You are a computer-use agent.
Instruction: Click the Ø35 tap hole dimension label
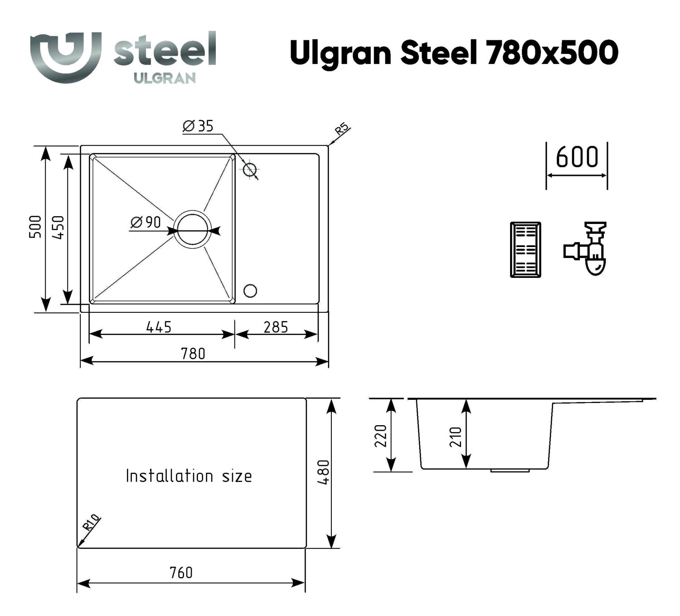(198, 126)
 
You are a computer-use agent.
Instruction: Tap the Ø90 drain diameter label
(146, 223)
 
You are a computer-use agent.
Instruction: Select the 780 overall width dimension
(193, 354)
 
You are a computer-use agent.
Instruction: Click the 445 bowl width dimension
(159, 327)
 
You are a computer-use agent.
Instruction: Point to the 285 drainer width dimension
(276, 327)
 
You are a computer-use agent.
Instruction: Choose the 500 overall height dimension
(35, 227)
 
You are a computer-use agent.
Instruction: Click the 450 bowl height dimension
(58, 227)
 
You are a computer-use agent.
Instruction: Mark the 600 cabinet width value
(577, 157)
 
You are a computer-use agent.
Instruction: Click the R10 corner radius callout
(91, 523)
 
